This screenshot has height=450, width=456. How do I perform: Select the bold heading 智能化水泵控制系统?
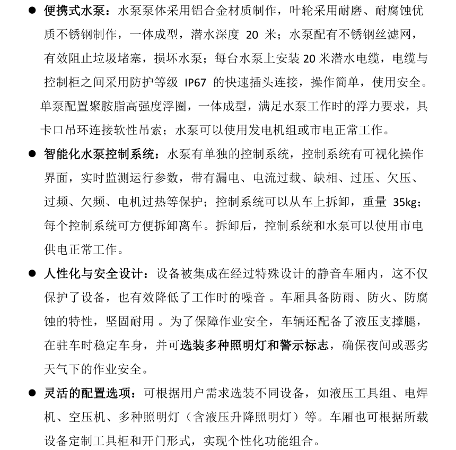point(101,154)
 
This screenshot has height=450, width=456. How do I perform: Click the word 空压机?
point(83,417)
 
